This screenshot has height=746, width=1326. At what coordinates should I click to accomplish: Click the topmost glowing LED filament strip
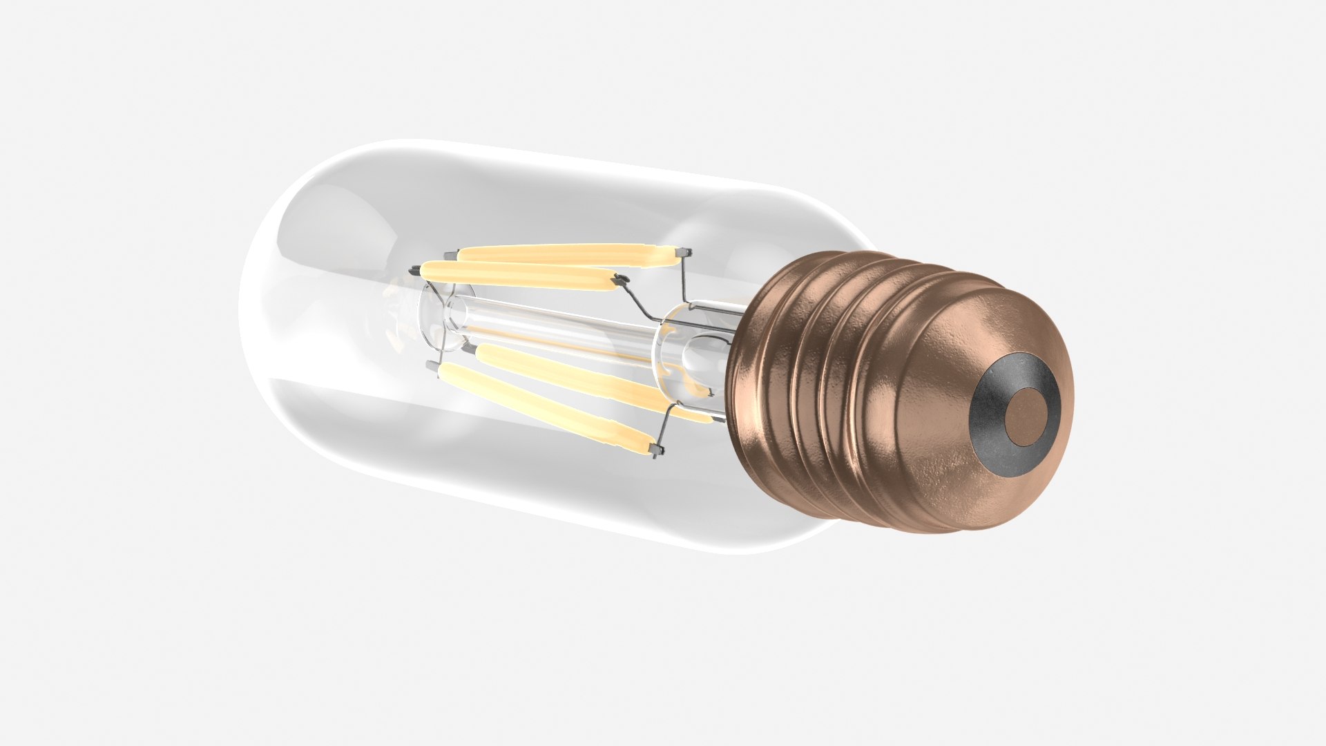coord(566,255)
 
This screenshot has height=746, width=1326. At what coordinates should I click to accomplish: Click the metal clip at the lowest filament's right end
coord(657,450)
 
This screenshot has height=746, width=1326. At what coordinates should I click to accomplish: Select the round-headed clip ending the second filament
coord(621,280)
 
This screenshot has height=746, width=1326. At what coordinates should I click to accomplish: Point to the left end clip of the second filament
coord(414,270)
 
